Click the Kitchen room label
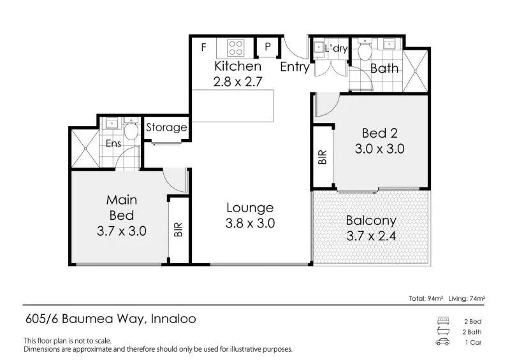(237, 66)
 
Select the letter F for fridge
(204, 48)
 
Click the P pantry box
(268, 48)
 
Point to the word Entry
(295, 67)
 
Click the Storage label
(166, 127)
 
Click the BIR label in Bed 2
(322, 156)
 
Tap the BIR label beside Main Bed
(178, 229)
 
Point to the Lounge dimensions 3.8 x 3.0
(249, 224)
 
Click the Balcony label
(370, 221)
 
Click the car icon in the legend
(442, 343)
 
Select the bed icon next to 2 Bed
(442, 320)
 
